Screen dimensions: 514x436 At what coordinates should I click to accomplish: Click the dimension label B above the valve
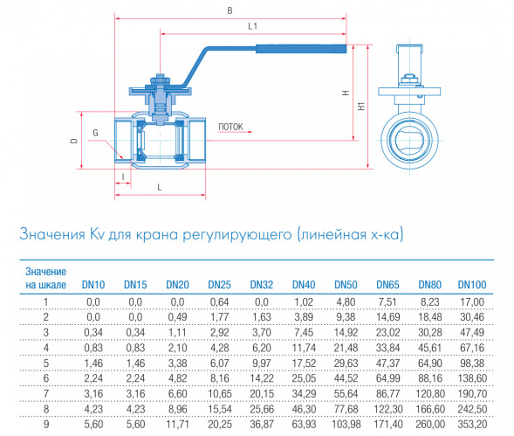click(x=230, y=10)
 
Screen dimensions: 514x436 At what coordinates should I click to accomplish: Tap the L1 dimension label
click(x=252, y=26)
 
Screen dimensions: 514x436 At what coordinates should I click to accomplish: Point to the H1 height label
click(x=361, y=106)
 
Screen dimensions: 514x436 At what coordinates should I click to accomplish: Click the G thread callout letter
click(x=95, y=133)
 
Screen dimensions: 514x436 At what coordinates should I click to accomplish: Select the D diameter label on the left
click(x=74, y=141)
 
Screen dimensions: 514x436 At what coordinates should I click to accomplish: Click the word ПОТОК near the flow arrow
click(x=230, y=127)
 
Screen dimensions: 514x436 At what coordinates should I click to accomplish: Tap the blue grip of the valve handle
click(x=301, y=49)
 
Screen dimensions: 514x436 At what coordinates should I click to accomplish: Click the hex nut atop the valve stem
click(x=160, y=80)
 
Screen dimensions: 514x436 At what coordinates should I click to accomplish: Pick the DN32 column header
click(x=262, y=285)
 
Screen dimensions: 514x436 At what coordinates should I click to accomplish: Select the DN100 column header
click(x=472, y=285)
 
